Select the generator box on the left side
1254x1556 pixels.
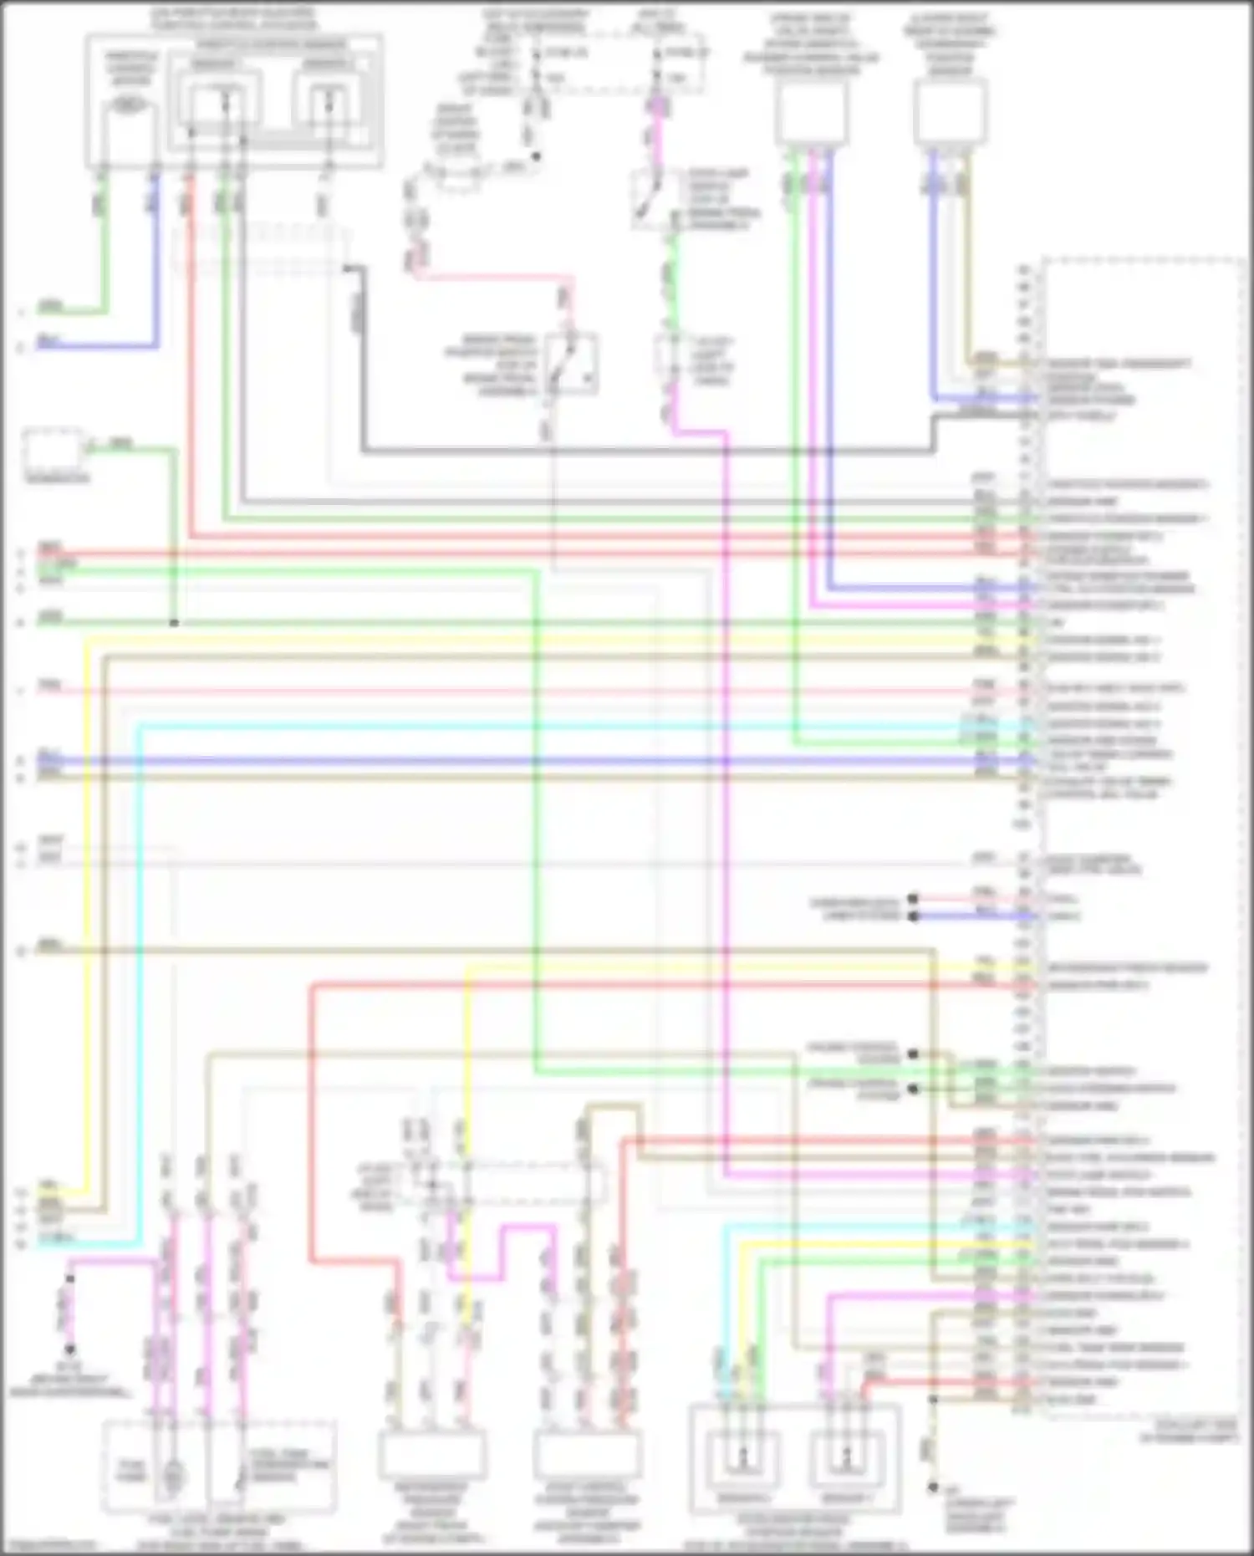53,452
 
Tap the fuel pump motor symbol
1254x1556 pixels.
173,1477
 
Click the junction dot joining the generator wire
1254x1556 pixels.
174,623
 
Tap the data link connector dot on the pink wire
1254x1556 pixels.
913,900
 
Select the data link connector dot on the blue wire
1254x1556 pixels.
913,916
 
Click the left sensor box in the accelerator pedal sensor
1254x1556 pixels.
743,1459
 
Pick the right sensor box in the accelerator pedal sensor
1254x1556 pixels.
846,1459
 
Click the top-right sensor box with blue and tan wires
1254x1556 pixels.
950,112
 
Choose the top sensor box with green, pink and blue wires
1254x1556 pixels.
810,114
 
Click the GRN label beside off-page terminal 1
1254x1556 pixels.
50,306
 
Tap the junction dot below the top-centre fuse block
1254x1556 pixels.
536,156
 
